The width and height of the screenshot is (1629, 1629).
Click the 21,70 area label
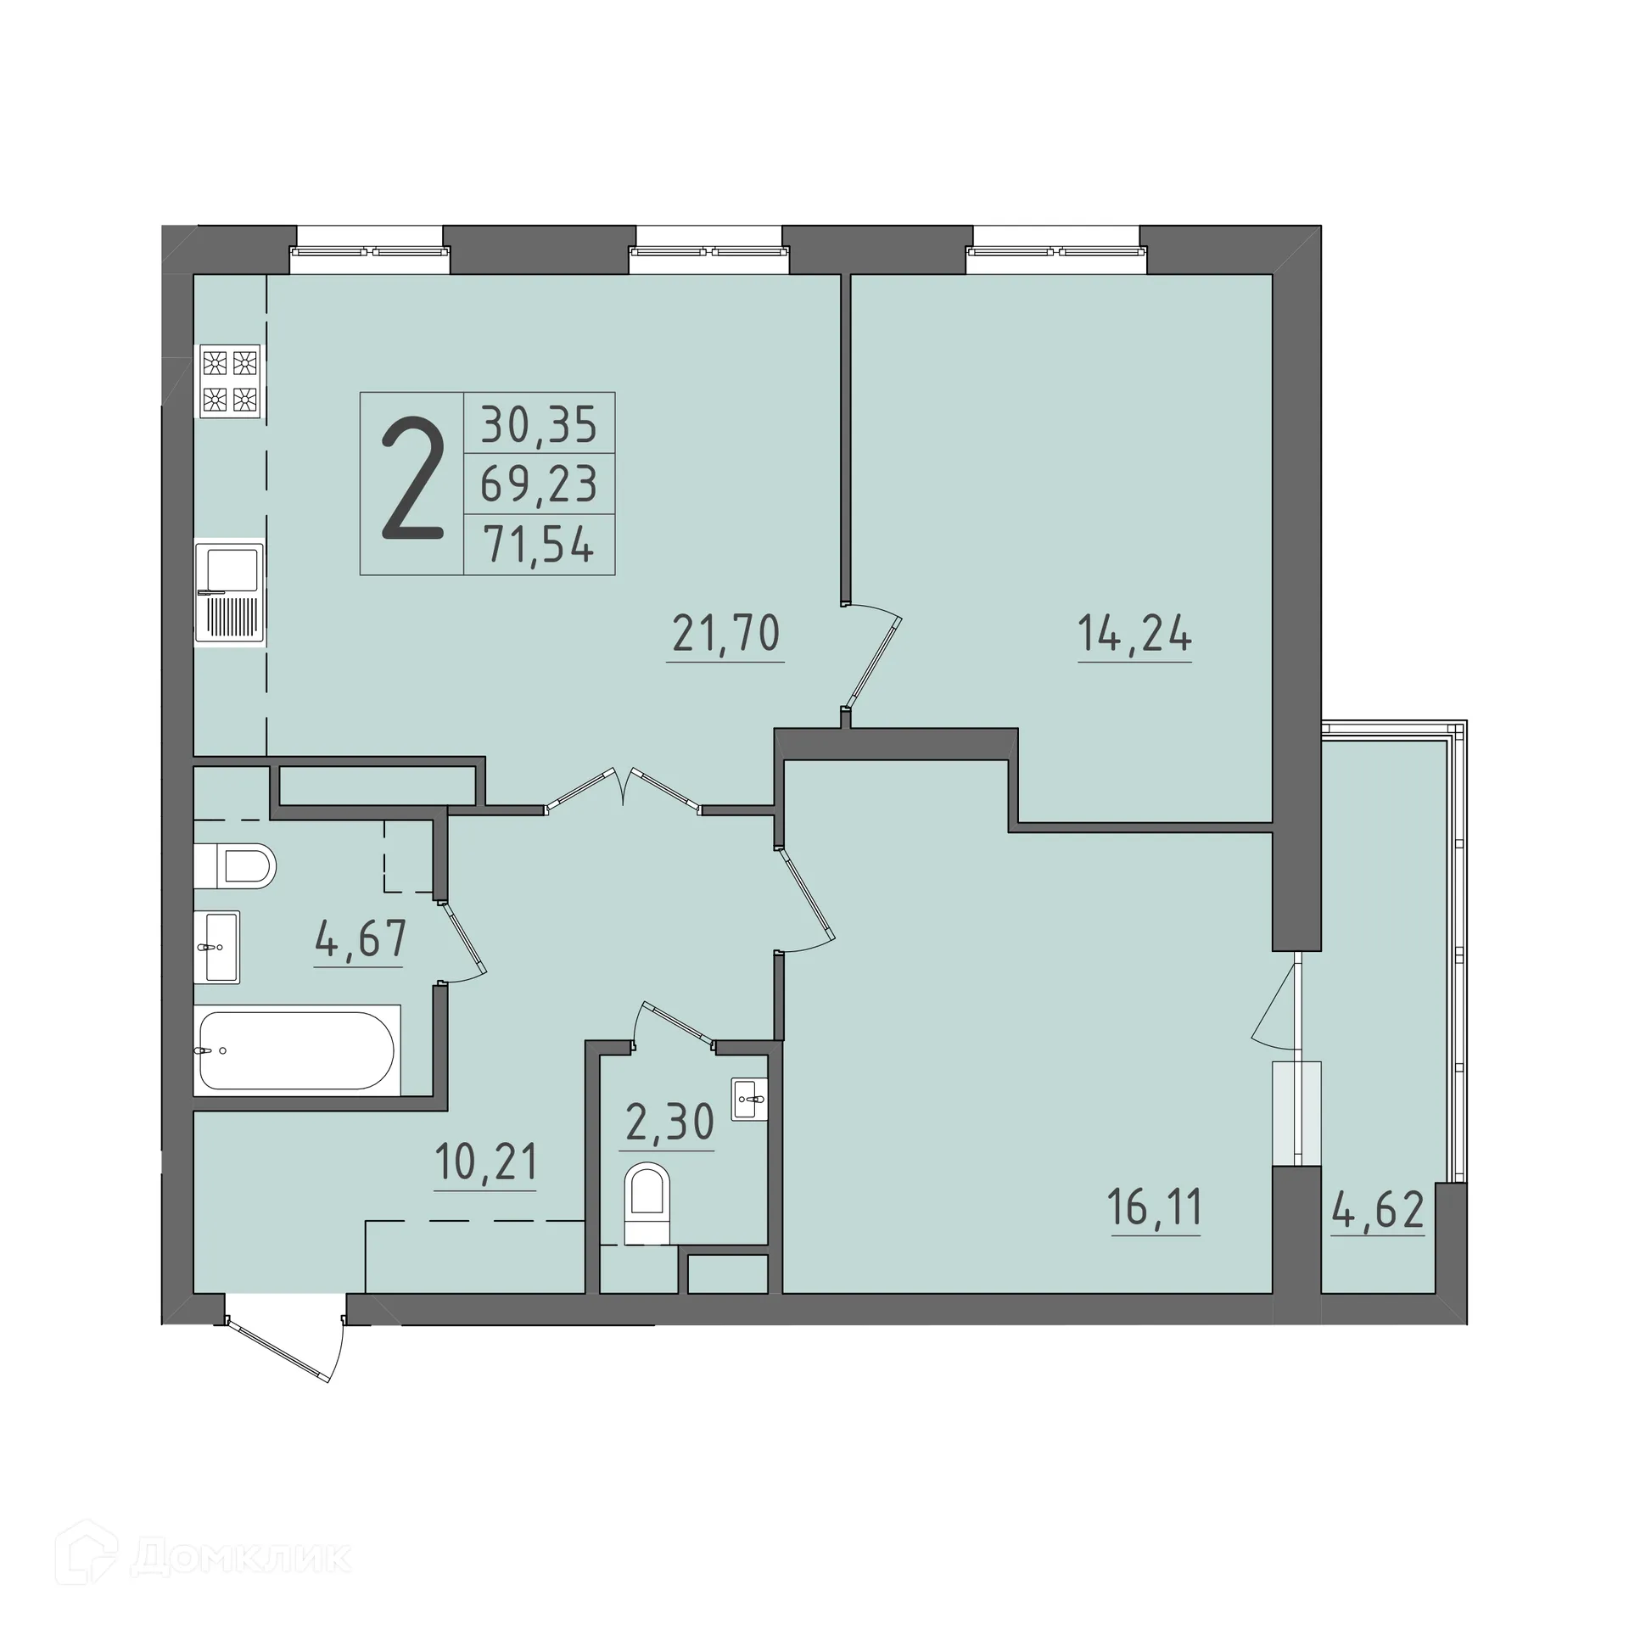(725, 634)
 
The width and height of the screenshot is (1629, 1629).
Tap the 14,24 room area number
(1134, 634)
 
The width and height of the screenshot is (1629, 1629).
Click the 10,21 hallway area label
(485, 1162)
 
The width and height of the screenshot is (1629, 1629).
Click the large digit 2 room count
(412, 480)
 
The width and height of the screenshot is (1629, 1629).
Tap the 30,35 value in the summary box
(539, 424)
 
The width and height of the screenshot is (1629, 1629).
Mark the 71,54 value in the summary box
(539, 544)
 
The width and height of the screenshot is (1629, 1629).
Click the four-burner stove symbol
(229, 381)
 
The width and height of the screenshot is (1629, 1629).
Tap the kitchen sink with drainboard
(229, 592)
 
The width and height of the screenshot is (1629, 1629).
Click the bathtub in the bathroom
(296, 1050)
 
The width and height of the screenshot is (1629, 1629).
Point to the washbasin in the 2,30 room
(749, 1099)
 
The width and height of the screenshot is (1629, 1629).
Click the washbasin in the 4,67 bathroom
(217, 946)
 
